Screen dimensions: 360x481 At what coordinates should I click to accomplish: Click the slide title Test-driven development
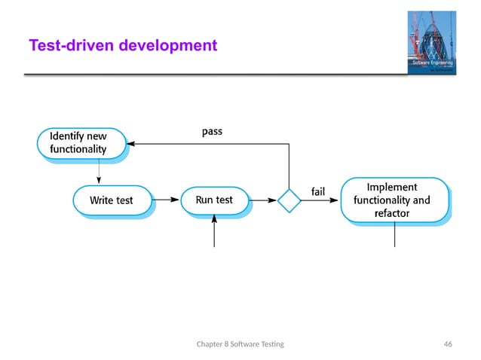point(123,47)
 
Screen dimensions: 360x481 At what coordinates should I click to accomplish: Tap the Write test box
point(111,200)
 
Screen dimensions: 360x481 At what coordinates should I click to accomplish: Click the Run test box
point(214,200)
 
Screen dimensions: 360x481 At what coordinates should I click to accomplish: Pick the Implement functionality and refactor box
point(394,200)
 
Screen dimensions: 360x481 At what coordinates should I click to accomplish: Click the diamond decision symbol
point(289,201)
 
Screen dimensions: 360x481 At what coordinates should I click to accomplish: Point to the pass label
point(212,131)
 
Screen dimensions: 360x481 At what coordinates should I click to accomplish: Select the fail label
point(318,191)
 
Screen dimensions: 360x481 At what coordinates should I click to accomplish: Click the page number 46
point(448,344)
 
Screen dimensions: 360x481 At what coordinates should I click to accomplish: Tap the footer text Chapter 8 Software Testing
point(245,344)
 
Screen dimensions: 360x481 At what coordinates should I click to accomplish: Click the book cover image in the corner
point(432,42)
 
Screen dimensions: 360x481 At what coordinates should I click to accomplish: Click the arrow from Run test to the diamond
point(262,201)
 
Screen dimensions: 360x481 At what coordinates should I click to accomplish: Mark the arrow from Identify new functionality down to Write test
point(99,172)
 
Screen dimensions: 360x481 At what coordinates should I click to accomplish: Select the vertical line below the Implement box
point(394,236)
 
